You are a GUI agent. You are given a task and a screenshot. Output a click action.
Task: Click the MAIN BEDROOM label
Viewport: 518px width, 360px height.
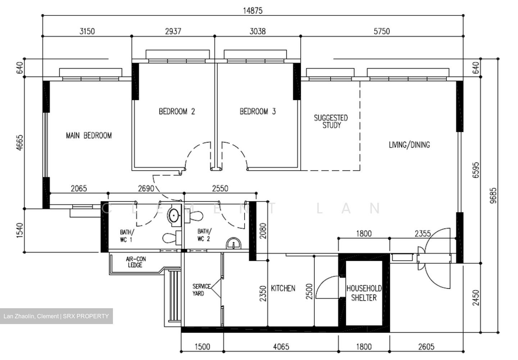(89, 136)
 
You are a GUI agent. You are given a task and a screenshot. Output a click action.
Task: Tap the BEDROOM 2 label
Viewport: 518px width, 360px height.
(177, 111)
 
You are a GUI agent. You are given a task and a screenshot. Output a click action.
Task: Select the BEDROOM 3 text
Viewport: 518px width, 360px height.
(258, 111)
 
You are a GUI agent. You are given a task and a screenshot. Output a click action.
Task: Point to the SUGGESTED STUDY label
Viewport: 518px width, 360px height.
(331, 122)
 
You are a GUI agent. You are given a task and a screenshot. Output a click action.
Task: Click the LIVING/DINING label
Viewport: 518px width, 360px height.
(409, 145)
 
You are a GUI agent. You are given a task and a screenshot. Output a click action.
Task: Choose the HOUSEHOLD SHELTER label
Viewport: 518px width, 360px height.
(364, 293)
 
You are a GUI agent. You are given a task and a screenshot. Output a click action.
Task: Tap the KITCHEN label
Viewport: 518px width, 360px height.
(283, 288)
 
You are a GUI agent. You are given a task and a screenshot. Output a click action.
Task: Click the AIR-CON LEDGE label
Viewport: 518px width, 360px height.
(136, 262)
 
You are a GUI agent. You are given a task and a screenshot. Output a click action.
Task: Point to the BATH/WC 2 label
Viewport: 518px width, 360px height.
(204, 235)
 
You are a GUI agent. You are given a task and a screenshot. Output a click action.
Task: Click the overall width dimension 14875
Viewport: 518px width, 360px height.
(253, 10)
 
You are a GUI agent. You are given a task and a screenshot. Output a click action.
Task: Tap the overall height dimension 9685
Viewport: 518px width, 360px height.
(493, 195)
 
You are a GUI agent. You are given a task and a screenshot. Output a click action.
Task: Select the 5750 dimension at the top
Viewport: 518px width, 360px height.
(381, 31)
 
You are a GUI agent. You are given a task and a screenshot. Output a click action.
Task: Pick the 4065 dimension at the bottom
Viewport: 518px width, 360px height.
(281, 347)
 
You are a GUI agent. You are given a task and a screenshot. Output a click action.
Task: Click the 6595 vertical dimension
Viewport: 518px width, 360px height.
(476, 170)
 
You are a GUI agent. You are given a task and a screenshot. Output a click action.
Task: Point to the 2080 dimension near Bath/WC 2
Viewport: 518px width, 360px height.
(263, 231)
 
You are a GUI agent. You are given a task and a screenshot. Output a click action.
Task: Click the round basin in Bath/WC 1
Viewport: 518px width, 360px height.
(174, 215)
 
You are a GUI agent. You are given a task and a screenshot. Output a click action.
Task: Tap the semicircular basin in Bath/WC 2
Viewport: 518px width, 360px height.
(233, 244)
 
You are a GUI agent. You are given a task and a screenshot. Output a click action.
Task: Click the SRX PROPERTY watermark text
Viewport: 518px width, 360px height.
(86, 316)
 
